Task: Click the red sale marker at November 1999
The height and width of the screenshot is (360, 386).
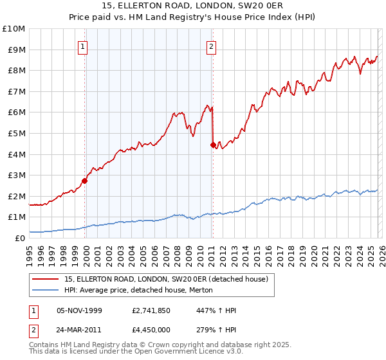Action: (85, 181)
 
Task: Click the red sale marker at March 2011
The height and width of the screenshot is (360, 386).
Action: (213, 145)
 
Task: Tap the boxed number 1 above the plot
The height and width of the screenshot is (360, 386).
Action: (84, 46)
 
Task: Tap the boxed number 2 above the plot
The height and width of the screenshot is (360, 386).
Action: (211, 46)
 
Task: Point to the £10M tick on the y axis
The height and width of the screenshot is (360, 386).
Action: (14, 29)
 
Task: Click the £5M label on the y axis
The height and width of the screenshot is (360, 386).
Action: (16, 134)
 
